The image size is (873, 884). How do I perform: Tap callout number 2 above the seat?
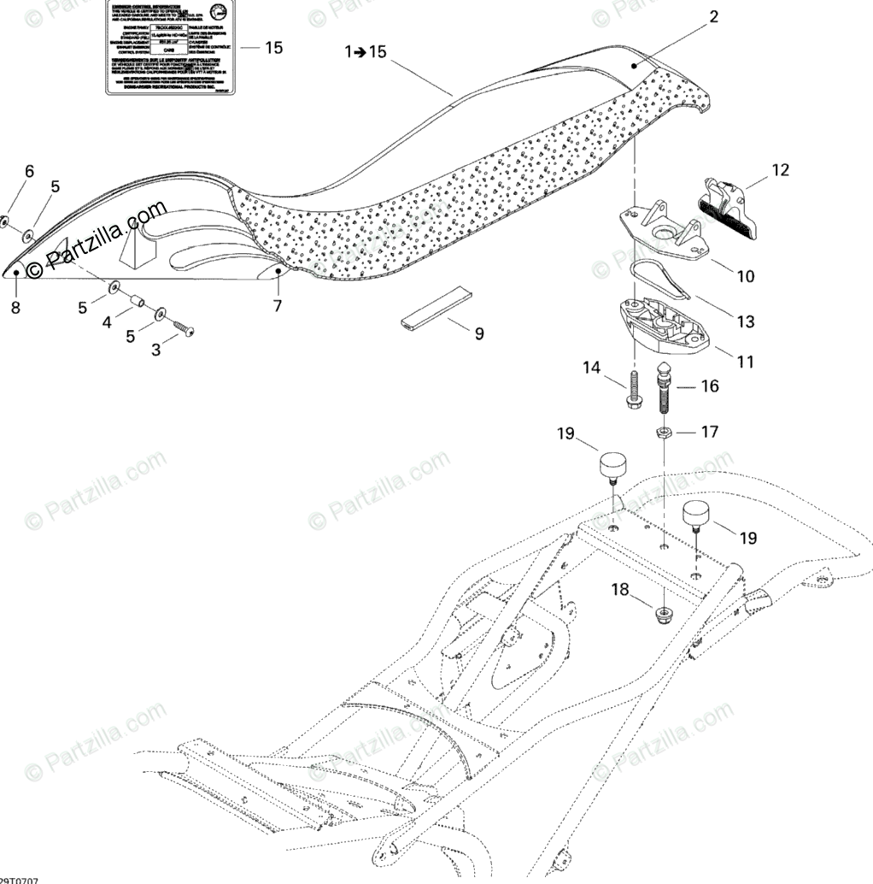point(713,16)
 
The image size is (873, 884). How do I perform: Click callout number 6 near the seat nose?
point(29,171)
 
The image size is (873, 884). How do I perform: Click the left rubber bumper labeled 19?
point(610,468)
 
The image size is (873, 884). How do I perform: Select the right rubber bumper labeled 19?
point(697,516)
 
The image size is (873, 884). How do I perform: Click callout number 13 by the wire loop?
point(745,321)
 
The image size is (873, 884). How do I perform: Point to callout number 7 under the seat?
point(277,305)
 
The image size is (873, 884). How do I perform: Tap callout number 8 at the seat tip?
point(15,308)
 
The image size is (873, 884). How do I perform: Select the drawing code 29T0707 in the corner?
point(19,879)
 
